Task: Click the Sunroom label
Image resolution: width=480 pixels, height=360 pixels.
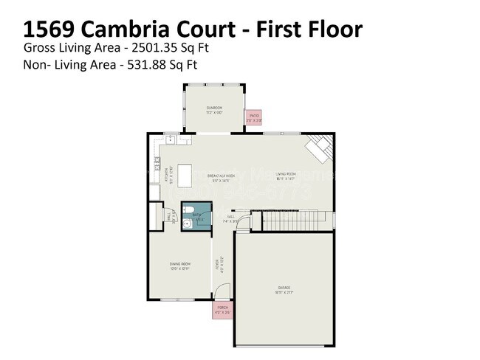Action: [x=214, y=108]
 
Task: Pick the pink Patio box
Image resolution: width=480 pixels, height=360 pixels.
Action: [x=253, y=117]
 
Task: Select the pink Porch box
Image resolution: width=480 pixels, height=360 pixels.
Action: [x=222, y=311]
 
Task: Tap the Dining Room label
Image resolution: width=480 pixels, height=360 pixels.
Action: [x=179, y=267]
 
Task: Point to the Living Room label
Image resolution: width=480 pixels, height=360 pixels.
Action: [x=286, y=176]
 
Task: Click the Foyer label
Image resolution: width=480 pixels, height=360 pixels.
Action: [x=216, y=264]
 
